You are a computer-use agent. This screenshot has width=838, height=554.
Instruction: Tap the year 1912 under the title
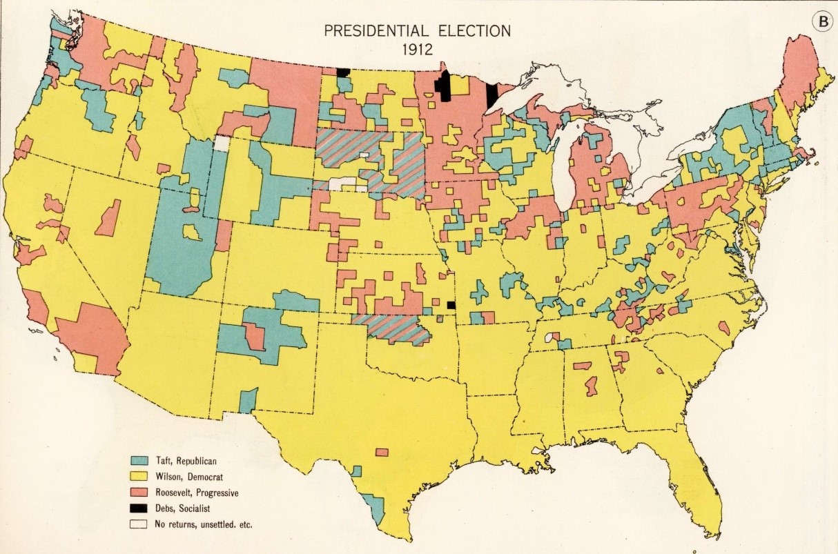[x=418, y=50]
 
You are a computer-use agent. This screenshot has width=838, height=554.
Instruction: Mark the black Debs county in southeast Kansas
[x=451, y=305]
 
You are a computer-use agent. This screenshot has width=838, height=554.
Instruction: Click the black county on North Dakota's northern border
[x=342, y=72]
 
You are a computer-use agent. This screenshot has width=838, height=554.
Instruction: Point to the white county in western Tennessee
[x=549, y=337]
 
